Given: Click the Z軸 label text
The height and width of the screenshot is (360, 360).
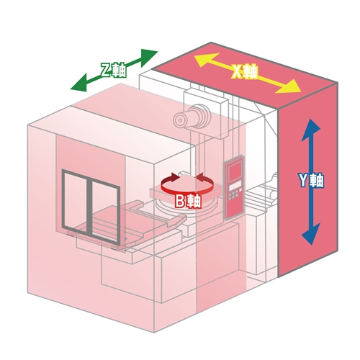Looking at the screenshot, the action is (x=113, y=71).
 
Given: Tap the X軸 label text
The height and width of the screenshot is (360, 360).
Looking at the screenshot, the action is (x=245, y=71).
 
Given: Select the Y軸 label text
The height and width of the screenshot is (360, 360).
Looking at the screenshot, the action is (x=311, y=180).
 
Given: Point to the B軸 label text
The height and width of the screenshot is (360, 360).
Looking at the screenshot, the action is (x=188, y=201).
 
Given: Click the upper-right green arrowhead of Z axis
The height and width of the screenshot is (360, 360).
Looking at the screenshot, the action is (x=148, y=57).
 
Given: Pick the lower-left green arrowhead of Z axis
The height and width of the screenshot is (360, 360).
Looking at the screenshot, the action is (x=79, y=84).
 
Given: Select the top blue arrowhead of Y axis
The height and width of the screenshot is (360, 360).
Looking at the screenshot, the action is (x=311, y=130).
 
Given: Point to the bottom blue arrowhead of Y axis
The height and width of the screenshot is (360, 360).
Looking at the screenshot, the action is (x=311, y=234).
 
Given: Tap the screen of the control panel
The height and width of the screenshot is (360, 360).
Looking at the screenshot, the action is (x=235, y=172).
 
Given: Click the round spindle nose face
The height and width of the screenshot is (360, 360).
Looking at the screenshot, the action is (x=179, y=120).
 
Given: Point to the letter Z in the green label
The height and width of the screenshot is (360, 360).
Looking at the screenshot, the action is (x=106, y=71).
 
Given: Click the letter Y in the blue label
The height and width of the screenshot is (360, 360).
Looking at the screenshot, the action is (x=303, y=180).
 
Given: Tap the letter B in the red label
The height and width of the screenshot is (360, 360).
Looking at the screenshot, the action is (x=180, y=201).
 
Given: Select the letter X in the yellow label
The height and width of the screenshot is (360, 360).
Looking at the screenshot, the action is (x=237, y=72).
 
